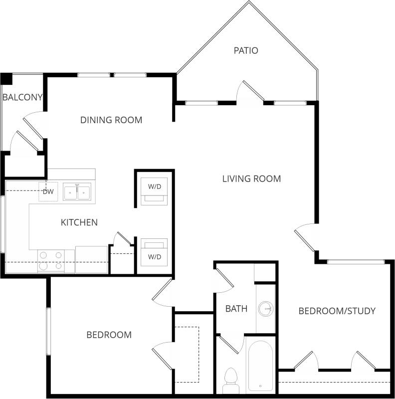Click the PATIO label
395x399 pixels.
click(246, 50)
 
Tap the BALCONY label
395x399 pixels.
click(22, 97)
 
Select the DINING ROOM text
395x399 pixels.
click(111, 120)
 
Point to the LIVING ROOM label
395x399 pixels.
click(251, 179)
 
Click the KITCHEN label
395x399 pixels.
click(79, 222)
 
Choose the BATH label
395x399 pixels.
click(236, 309)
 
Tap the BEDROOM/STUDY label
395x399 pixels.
click(337, 311)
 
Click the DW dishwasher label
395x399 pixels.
click(48, 192)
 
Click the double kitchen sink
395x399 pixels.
click(77, 192)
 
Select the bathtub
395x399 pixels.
click(260, 365)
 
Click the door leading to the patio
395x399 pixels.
click(250, 93)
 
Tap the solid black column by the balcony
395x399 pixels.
click(6, 79)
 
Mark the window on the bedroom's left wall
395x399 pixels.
click(49, 332)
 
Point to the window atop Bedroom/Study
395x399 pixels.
click(356, 261)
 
